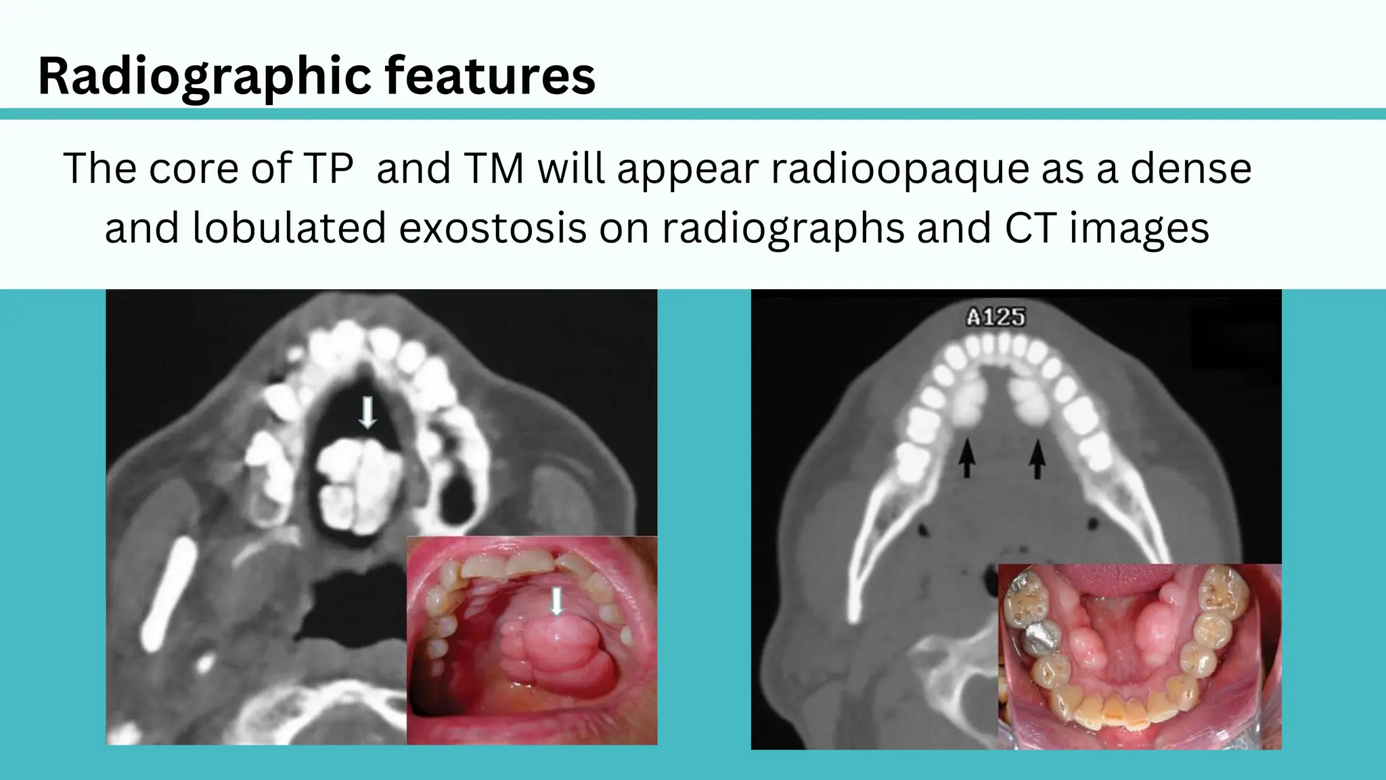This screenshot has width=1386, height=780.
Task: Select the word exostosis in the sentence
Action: coord(492,227)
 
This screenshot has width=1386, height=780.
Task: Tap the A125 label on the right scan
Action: coord(995,317)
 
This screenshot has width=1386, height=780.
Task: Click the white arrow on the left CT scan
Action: coord(367,412)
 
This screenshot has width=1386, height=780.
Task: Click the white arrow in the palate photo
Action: coord(556,601)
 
